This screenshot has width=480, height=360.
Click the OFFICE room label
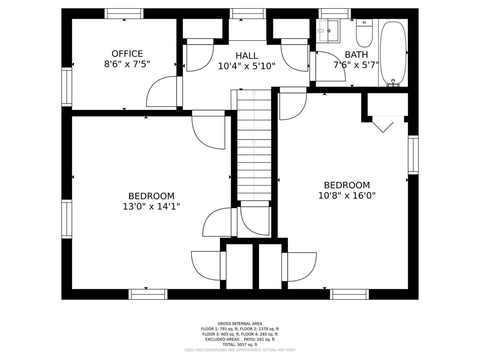pos(127,54)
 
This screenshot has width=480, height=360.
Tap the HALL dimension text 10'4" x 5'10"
pos(246,66)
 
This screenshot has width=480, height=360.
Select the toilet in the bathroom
pos(364,34)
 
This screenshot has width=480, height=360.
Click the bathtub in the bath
pos(393,53)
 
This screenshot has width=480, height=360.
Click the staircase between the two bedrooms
pos(254,150)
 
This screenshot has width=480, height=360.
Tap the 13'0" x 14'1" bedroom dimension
pos(151,206)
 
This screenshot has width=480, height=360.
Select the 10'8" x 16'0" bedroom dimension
pos(347,195)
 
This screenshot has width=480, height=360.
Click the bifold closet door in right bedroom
pos(383,126)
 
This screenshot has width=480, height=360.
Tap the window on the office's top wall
pos(124,13)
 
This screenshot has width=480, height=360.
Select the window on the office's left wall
pos(67,87)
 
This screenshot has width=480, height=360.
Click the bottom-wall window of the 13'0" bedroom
pos(148,294)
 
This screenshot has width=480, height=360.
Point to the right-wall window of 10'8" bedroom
pos(413,155)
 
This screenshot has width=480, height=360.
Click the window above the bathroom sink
pos(334,13)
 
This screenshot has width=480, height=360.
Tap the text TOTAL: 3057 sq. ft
pos(240,344)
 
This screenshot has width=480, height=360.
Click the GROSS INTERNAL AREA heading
pos(240,323)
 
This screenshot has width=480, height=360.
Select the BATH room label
pos(356,54)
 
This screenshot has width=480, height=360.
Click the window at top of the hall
pos(248,13)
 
